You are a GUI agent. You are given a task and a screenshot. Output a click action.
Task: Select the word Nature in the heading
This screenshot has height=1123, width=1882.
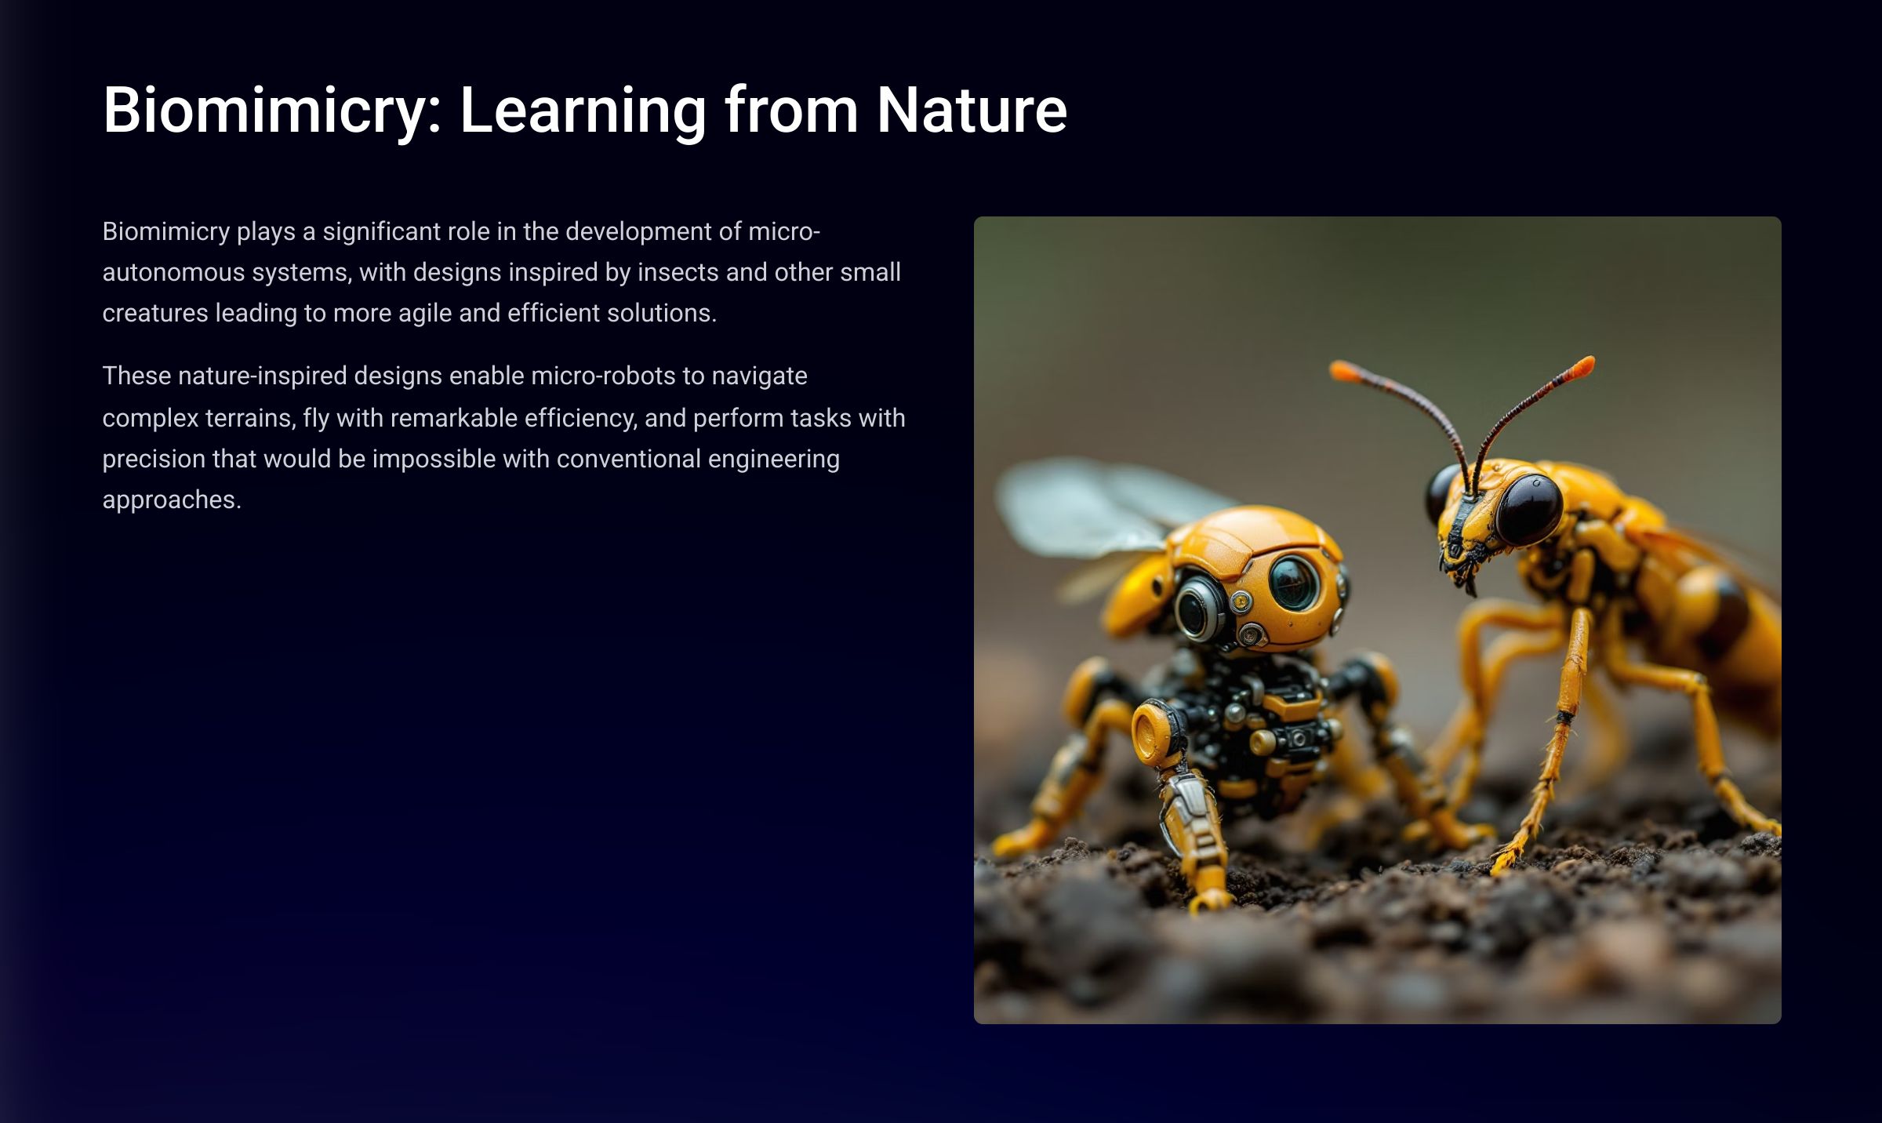(x=972, y=111)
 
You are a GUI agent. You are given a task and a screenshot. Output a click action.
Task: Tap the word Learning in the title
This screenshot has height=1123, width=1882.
(x=583, y=111)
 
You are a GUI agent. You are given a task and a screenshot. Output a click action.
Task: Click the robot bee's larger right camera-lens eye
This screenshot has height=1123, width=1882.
(x=1295, y=582)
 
